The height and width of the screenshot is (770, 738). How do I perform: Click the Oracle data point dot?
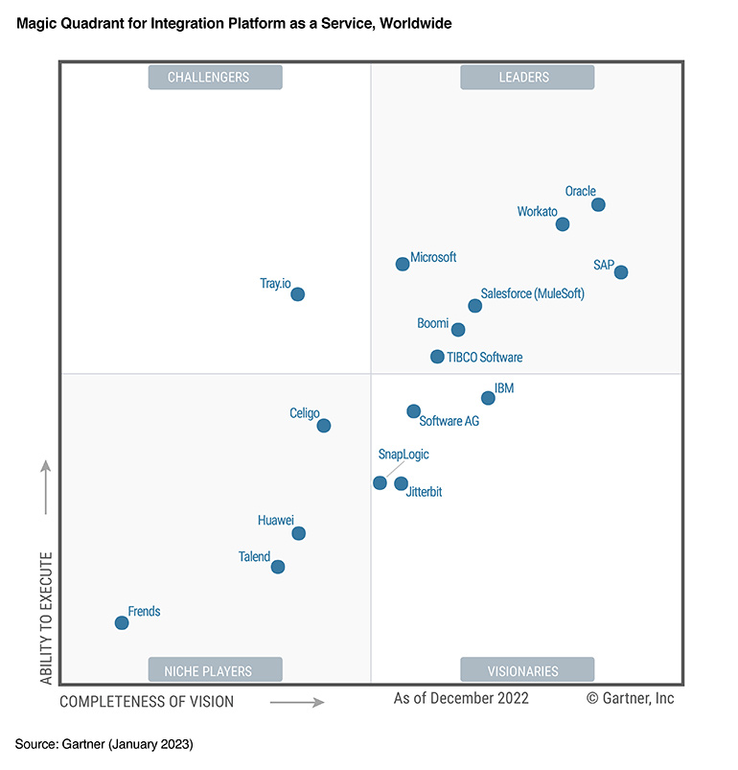[x=598, y=204]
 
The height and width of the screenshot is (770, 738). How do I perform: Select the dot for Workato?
[x=563, y=224]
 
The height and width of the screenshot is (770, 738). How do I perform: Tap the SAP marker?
[x=621, y=272]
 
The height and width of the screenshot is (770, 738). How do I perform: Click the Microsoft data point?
[x=403, y=264]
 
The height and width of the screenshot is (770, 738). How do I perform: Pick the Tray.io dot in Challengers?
[x=298, y=294]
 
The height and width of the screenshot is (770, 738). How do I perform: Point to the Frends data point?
[x=122, y=623]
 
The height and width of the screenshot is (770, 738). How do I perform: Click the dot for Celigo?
[x=324, y=426]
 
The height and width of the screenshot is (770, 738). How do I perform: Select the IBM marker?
[x=488, y=398]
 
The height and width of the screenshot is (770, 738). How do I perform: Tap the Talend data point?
[x=278, y=567]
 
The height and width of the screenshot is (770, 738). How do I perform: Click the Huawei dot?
[x=299, y=533]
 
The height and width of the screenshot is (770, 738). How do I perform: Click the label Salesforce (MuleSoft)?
[x=532, y=293]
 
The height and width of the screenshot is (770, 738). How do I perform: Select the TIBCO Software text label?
[x=485, y=358]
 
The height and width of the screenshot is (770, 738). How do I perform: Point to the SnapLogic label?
[x=404, y=455]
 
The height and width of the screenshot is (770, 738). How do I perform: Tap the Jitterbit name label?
[x=424, y=492]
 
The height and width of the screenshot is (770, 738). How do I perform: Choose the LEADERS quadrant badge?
[x=527, y=78]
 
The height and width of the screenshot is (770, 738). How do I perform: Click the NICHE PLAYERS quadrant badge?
[x=215, y=670]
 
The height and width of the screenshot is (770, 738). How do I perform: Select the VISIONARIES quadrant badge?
[x=527, y=670]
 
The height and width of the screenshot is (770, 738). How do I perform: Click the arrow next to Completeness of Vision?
[x=297, y=702]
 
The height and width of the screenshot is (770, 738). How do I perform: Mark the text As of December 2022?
[x=461, y=699]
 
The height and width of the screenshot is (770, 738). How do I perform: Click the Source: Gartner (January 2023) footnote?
[x=104, y=744]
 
